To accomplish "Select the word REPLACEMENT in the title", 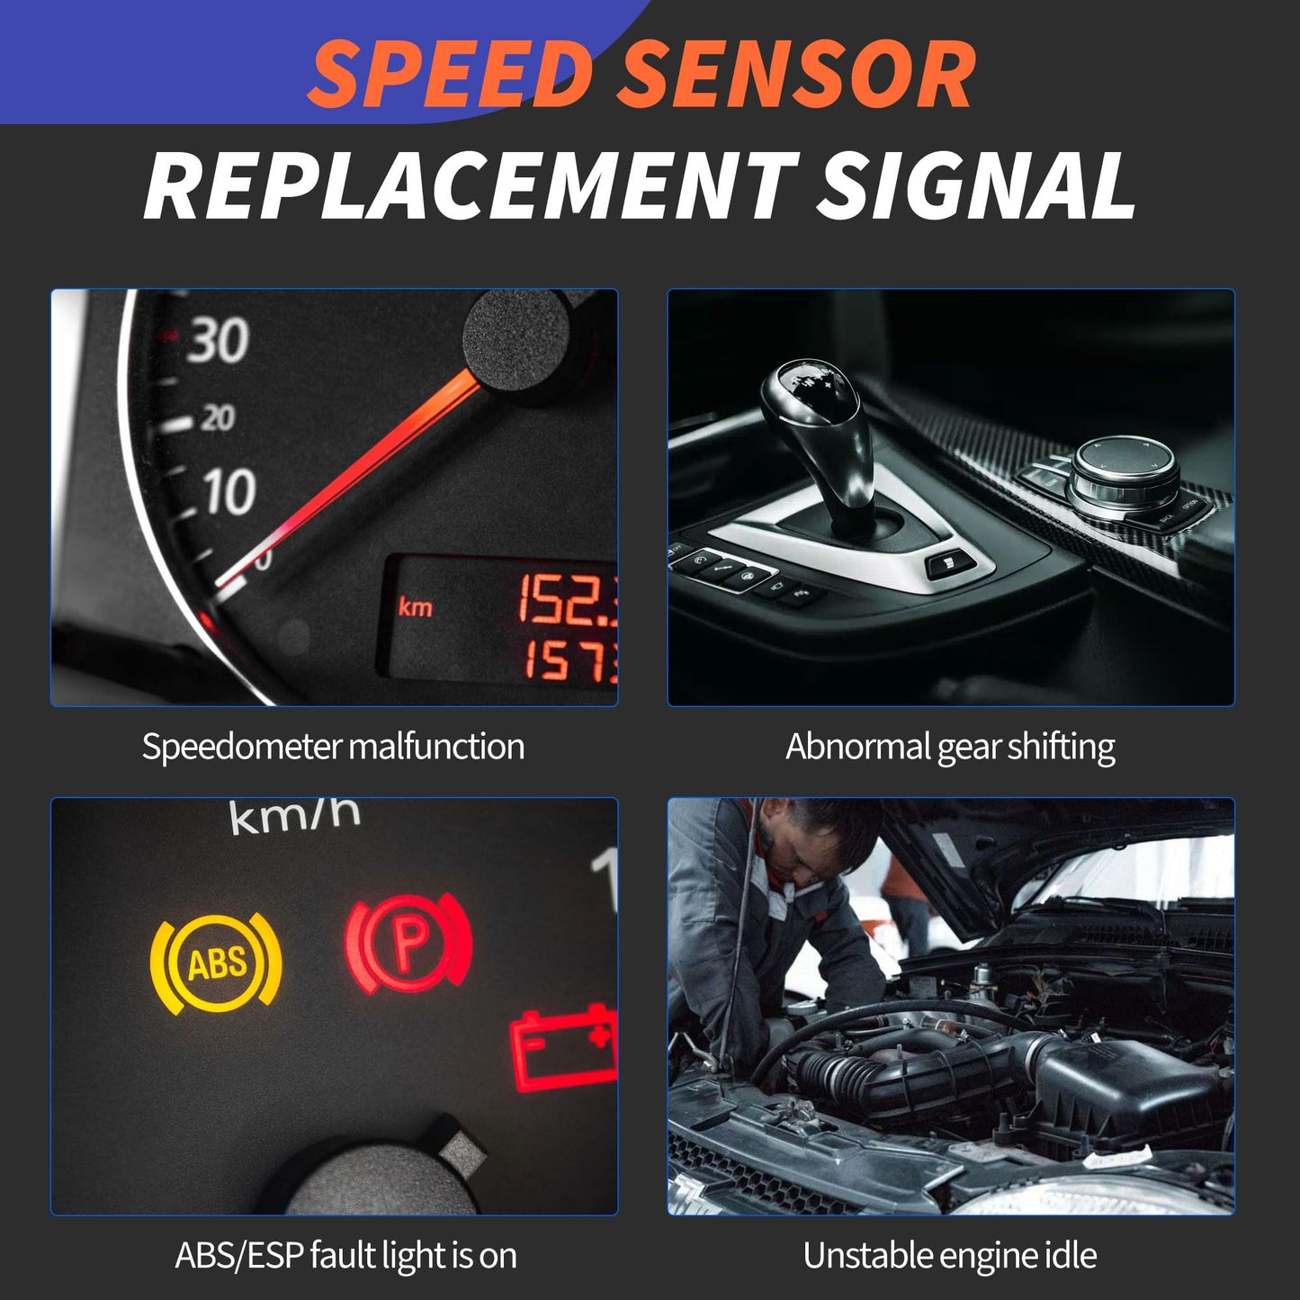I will click(x=469, y=186).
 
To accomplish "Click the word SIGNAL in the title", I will click(x=975, y=186).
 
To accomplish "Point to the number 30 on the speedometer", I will click(x=217, y=341).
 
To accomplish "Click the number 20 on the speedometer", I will click(x=216, y=417).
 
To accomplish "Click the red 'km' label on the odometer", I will click(x=416, y=607).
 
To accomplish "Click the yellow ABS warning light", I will click(x=216, y=963).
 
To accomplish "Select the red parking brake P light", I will click(x=408, y=945).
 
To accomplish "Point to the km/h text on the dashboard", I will click(x=295, y=815).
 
